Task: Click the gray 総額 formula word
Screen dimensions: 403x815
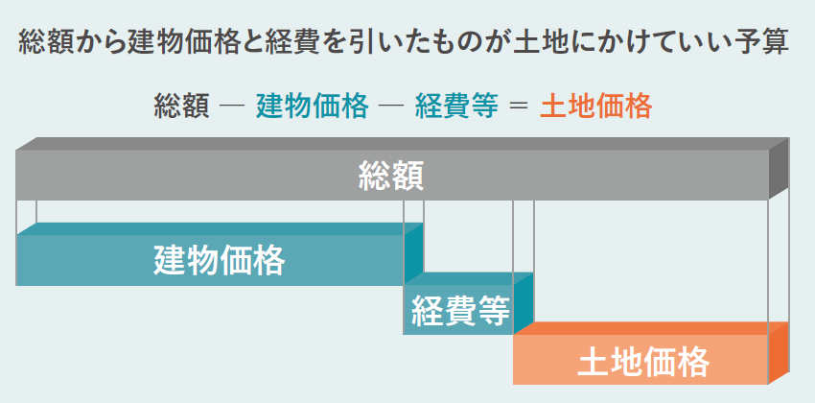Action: tap(181, 106)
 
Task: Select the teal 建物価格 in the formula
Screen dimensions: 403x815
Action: tap(312, 106)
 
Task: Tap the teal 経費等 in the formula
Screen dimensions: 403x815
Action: tap(456, 106)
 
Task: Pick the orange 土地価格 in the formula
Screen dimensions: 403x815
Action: tap(595, 106)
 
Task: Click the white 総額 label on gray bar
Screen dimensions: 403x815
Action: tap(390, 176)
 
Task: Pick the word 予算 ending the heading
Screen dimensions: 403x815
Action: tap(766, 42)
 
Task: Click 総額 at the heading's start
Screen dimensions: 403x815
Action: tap(43, 42)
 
